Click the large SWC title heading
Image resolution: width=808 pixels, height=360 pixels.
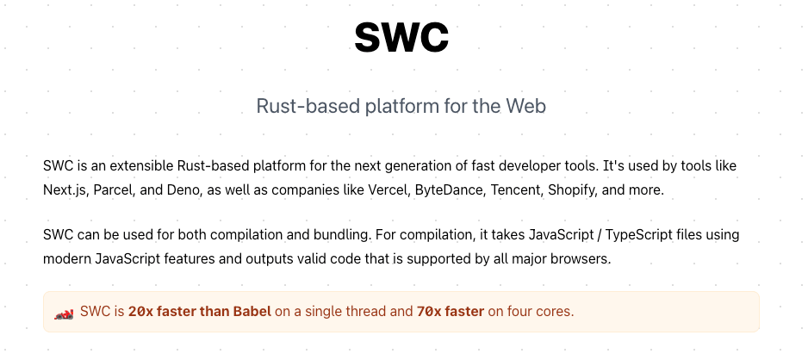401,36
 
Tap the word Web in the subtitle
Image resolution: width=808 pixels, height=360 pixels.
525,106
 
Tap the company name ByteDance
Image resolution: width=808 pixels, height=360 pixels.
451,189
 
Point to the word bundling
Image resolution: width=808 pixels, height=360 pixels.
342,235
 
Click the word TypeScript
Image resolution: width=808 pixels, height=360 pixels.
638,235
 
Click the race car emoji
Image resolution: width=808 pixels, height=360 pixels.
64,313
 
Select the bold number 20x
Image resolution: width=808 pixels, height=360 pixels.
140,312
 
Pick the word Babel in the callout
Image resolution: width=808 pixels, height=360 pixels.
252,312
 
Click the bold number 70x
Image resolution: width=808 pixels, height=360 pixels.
426,312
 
